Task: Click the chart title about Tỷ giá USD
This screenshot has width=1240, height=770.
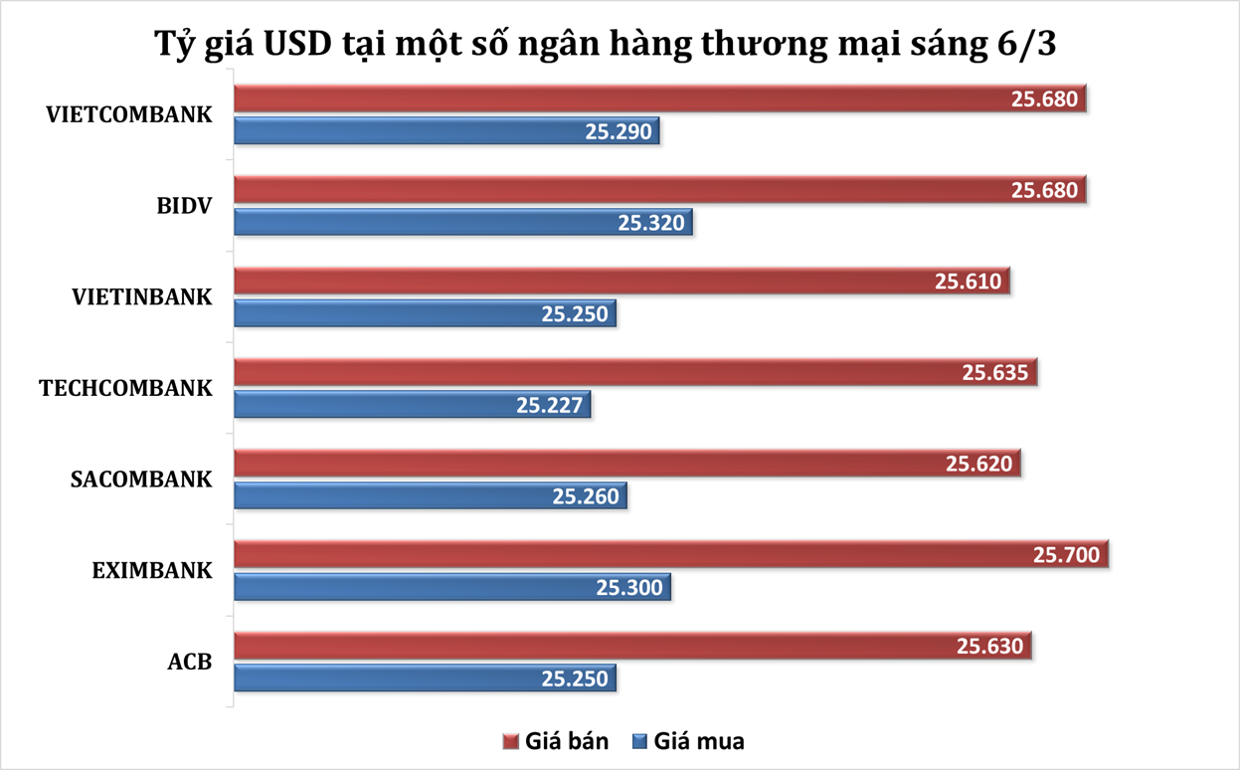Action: pyautogui.click(x=620, y=45)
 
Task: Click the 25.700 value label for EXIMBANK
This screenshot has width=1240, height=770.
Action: pyautogui.click(x=1067, y=554)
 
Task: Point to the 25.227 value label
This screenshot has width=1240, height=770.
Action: pyautogui.click(x=550, y=405)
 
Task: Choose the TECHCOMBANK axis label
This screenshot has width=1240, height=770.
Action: pyautogui.click(x=125, y=388)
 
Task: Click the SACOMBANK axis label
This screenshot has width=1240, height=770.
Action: pyautogui.click(x=141, y=479)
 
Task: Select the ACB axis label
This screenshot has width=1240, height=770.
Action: pyautogui.click(x=190, y=661)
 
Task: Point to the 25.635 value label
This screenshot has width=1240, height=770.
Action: pyautogui.click(x=995, y=373)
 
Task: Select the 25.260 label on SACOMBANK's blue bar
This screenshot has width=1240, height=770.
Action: pyautogui.click(x=586, y=496)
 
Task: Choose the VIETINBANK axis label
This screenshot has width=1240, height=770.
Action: pyautogui.click(x=142, y=296)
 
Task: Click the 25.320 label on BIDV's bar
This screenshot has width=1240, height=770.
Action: pyautogui.click(x=651, y=223)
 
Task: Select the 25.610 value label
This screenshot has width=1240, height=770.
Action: pyautogui.click(x=968, y=282)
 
